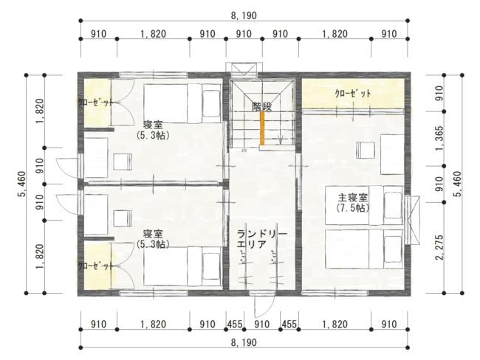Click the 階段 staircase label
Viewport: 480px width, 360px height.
tap(261, 106)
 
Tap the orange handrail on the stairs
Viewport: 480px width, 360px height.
tap(262, 128)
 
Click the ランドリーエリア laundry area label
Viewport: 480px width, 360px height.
tap(262, 239)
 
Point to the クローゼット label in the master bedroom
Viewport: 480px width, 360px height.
tap(353, 94)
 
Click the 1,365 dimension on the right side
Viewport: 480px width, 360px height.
tap(439, 138)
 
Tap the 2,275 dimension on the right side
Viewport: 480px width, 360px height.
tap(439, 247)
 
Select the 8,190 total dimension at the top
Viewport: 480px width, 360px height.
tap(244, 15)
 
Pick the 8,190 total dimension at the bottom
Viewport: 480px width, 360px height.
tap(244, 342)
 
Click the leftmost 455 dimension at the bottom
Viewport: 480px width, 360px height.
tap(235, 324)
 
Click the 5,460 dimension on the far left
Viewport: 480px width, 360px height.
tap(21, 184)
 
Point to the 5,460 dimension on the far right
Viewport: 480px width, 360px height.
tap(458, 184)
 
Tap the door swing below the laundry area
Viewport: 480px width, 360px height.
tap(264, 306)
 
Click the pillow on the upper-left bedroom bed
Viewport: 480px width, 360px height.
tap(211, 103)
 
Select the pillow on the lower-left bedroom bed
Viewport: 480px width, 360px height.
tap(211, 266)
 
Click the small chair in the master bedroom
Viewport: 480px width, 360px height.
tap(366, 150)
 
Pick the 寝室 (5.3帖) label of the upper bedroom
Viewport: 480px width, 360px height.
tap(153, 130)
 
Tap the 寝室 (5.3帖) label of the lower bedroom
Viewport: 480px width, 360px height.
tap(153, 239)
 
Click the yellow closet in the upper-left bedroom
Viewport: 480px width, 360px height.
tap(97, 103)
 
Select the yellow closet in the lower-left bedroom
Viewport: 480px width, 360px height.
tap(97, 266)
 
